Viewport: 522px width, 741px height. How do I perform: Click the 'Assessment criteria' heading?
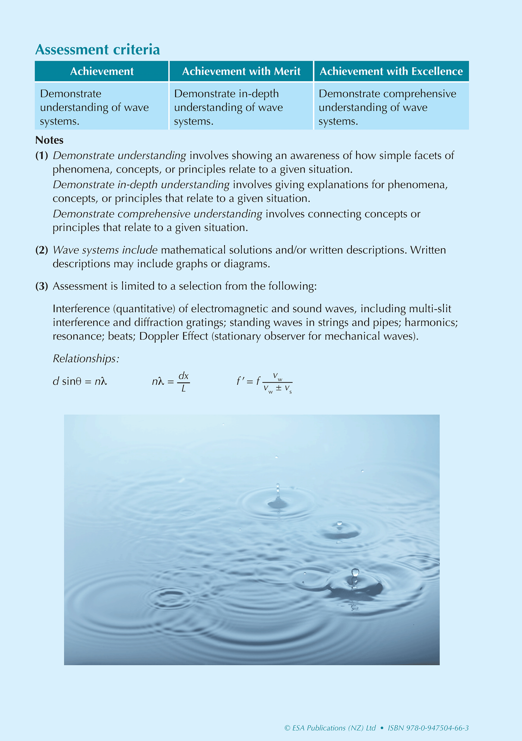(97, 50)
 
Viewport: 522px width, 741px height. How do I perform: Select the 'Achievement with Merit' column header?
(241, 71)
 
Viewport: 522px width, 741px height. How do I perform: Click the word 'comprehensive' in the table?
(420, 94)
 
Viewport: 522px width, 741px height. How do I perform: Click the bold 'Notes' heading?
(49, 140)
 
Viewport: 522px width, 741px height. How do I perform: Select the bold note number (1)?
(42, 156)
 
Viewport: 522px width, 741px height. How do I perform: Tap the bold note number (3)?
(42, 286)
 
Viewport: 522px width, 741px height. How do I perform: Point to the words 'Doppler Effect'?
(174, 336)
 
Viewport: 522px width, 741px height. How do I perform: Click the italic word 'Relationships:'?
(86, 359)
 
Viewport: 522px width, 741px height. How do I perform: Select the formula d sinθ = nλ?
(80, 381)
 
